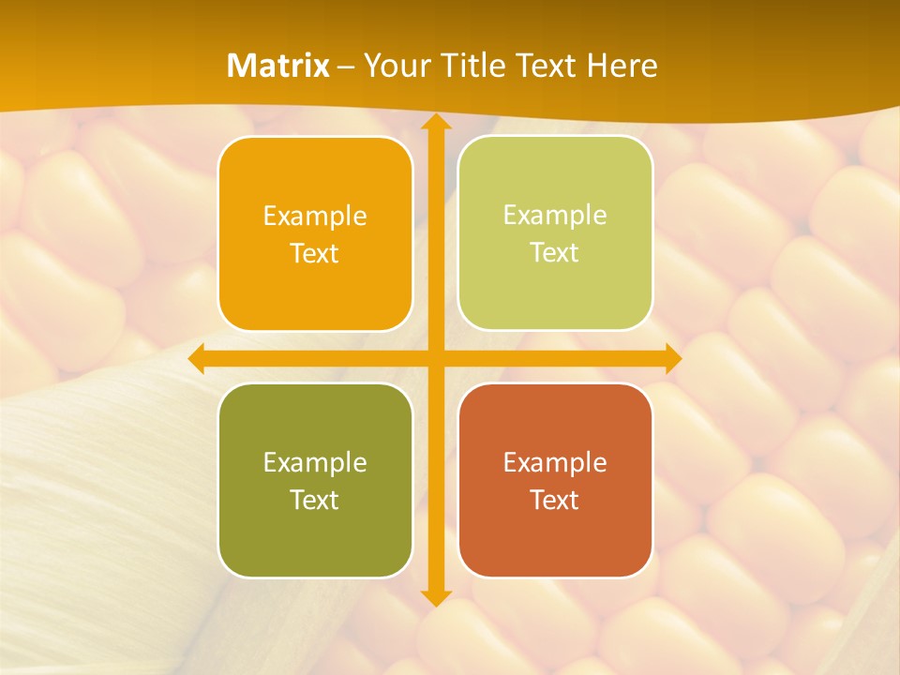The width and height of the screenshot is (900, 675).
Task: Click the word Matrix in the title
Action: (x=278, y=66)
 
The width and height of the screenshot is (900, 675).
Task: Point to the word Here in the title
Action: (x=622, y=66)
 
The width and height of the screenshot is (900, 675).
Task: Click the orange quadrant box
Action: (x=315, y=234)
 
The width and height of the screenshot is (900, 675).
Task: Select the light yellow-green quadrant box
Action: (x=555, y=233)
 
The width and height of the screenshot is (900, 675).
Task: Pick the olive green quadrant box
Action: (x=315, y=481)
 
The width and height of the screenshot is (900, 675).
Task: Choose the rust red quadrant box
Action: (x=555, y=481)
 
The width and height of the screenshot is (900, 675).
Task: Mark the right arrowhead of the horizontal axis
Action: (x=672, y=358)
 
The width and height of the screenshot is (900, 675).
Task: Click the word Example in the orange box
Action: (x=315, y=217)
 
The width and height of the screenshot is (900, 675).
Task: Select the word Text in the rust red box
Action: (x=555, y=500)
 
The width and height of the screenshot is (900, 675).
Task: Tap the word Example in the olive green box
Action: (x=315, y=462)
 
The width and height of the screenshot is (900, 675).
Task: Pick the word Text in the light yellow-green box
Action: (x=555, y=252)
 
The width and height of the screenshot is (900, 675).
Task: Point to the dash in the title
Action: (x=346, y=67)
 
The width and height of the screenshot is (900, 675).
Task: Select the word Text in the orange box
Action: (x=315, y=253)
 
